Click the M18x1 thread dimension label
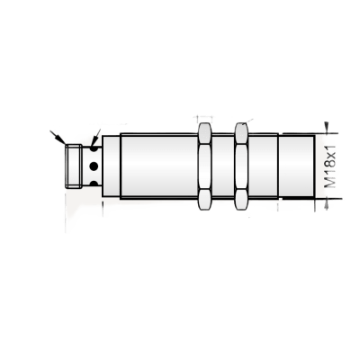tap(330, 166)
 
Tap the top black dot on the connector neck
tap(94, 148)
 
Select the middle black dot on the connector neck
tap(94, 166)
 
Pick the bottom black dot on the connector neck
tap(94, 184)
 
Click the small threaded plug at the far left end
tap(74, 166)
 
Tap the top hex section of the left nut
tap(205, 133)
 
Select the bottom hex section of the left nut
tap(205, 200)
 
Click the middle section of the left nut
tap(205, 166)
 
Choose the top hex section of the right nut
tap(241, 133)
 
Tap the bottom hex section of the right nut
tap(241, 200)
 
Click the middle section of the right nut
tap(241, 166)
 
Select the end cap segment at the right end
tap(297, 166)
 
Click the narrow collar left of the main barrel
tap(112, 166)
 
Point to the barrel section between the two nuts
tap(223, 166)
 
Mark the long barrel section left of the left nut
tap(159, 166)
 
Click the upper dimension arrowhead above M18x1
tap(327, 127)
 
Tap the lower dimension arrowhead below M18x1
tap(327, 204)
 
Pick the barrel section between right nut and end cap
tap(263, 166)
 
